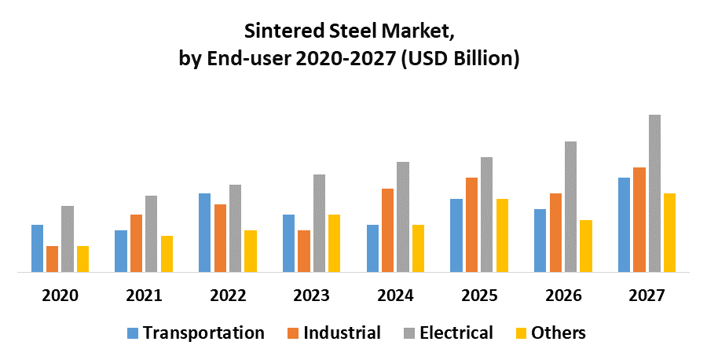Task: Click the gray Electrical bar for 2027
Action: point(654,193)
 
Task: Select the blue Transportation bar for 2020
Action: point(37,248)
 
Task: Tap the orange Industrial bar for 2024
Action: point(387,230)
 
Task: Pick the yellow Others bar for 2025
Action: point(502,235)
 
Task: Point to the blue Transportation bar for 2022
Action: point(204,233)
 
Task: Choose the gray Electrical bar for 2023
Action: point(319,223)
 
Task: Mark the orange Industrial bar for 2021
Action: point(136,243)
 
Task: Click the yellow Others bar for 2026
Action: point(585,246)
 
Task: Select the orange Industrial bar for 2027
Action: point(639,220)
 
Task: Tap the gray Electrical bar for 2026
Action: point(570,207)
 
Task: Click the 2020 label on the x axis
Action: point(60,296)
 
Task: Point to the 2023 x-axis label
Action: point(311,296)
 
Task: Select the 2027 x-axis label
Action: point(647,296)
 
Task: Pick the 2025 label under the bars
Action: point(478,296)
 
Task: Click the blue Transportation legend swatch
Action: point(132,333)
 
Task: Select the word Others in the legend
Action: point(559,332)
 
